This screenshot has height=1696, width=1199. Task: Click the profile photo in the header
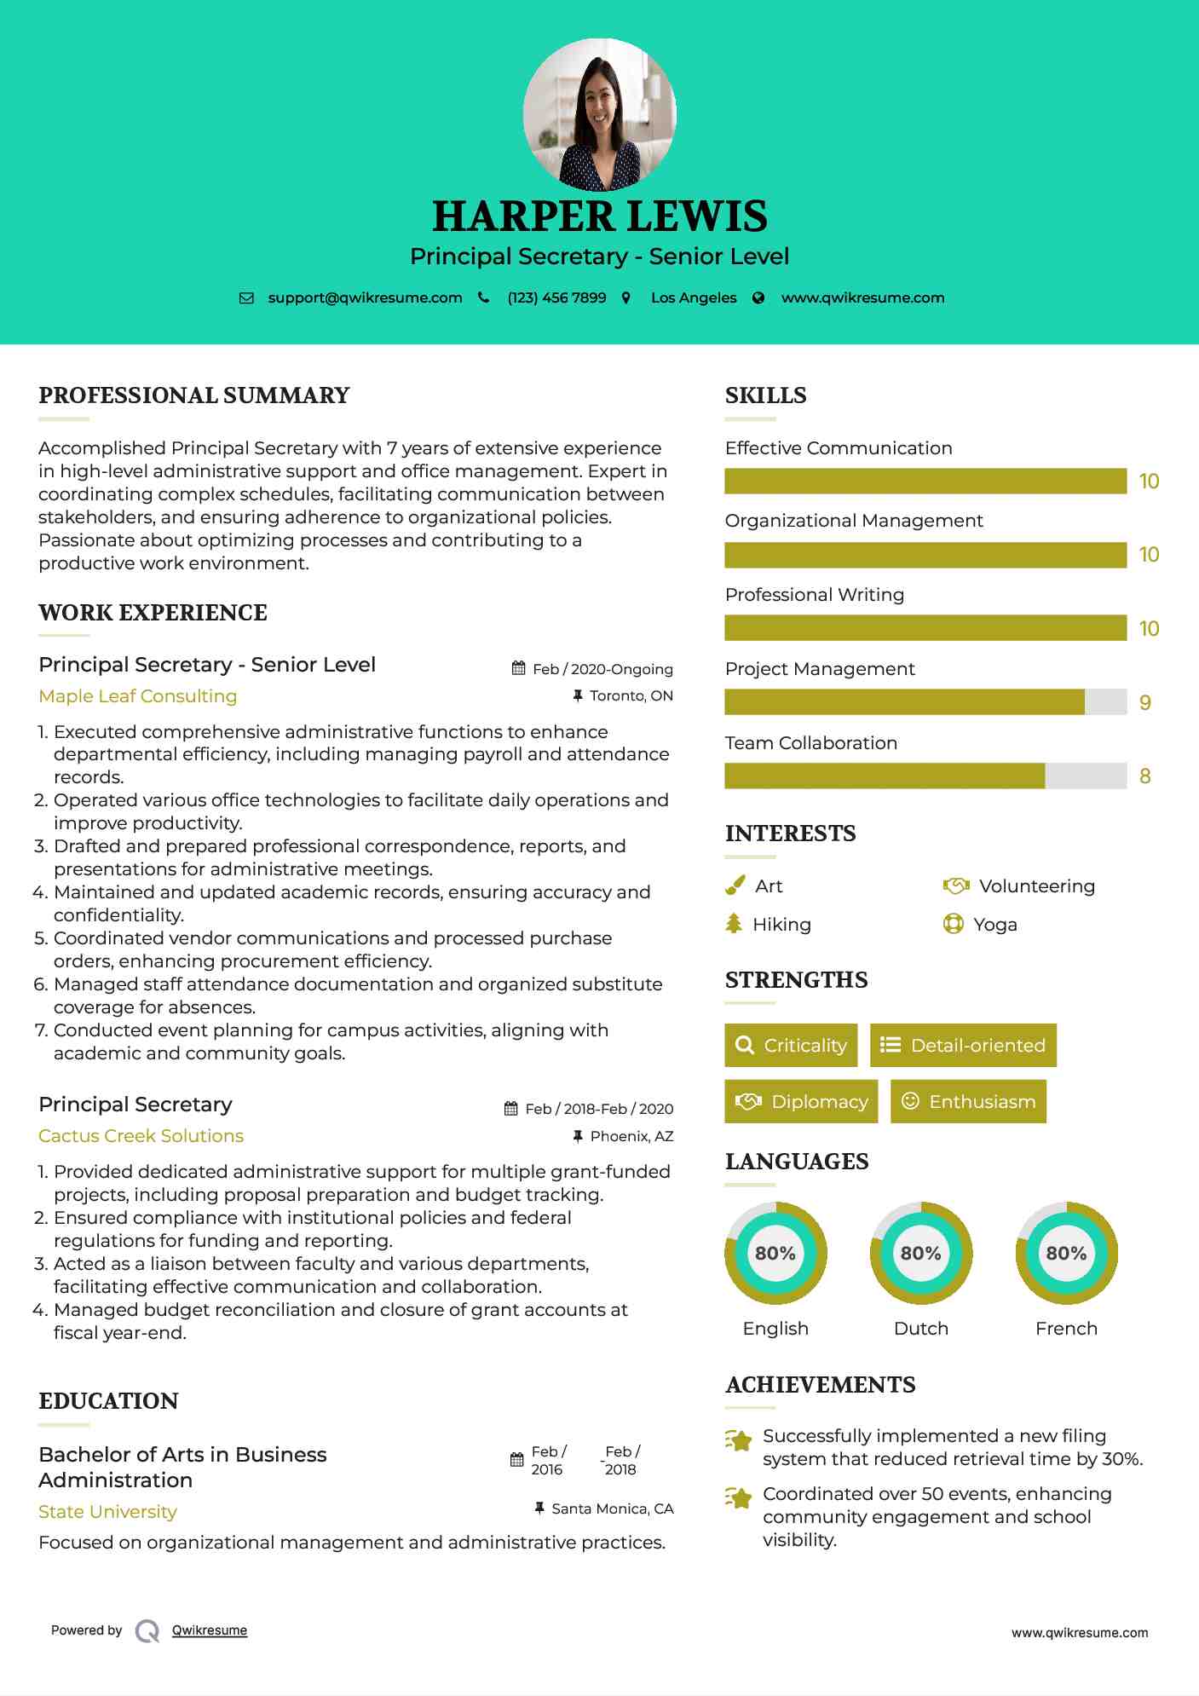[x=599, y=114]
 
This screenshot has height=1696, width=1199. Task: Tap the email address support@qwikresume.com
[x=365, y=297]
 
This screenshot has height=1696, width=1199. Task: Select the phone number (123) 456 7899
[x=556, y=297]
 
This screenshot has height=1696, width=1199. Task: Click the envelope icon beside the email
[x=246, y=297]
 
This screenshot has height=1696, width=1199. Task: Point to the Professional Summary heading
[x=194, y=395]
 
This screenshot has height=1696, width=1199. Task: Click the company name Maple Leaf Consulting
[x=138, y=696]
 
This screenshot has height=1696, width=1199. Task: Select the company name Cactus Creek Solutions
[x=141, y=1136]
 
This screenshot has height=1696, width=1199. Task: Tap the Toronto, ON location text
[x=631, y=695]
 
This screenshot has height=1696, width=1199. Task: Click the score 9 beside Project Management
[x=1144, y=702]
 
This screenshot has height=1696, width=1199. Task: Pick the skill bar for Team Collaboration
[x=925, y=776]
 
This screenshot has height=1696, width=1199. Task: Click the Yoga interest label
[x=995, y=925]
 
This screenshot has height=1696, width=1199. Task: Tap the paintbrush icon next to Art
[x=735, y=886]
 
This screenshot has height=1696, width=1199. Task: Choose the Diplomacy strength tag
[x=801, y=1102]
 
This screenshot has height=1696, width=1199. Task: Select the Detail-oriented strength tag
[x=963, y=1046]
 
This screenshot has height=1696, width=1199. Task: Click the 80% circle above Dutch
[x=921, y=1254]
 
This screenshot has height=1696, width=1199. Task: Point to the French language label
[x=1066, y=1329]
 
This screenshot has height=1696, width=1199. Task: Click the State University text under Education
[x=108, y=1512]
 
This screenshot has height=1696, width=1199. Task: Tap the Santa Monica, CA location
[x=612, y=1509]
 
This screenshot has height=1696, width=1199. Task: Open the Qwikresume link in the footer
[x=210, y=1630]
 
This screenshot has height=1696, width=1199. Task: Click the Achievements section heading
[x=821, y=1385]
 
